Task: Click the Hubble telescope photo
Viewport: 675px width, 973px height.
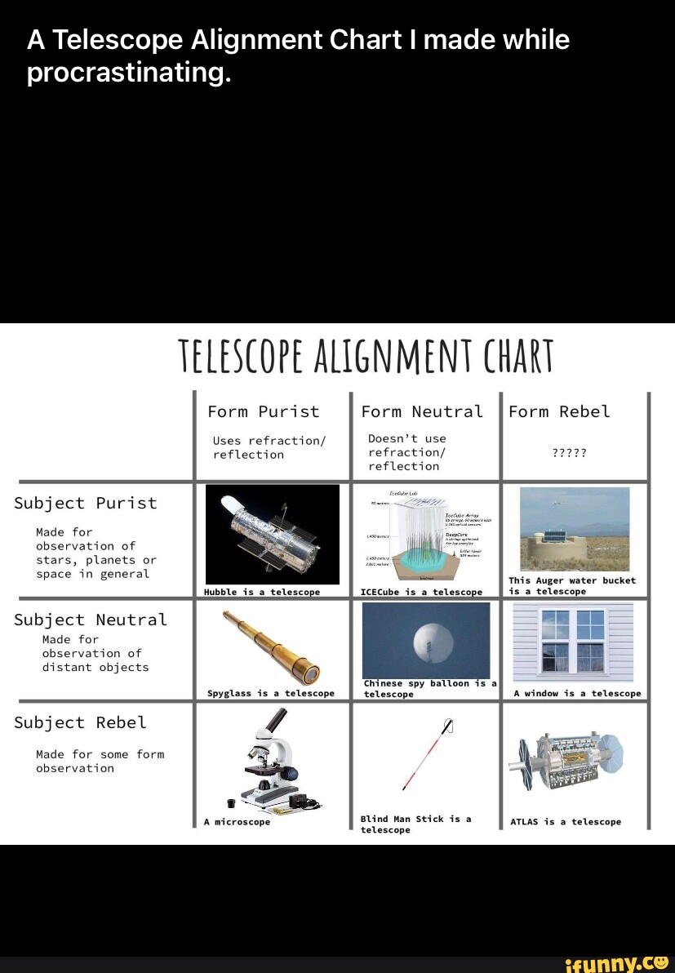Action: [x=272, y=533]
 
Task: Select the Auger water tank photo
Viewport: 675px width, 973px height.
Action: [x=575, y=530]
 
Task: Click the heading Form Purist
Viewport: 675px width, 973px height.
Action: [x=263, y=411]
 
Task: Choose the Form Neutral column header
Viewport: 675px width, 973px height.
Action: [x=422, y=411]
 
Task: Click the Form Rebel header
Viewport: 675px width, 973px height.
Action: [x=559, y=411]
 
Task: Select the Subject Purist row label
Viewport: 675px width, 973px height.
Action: [x=85, y=503]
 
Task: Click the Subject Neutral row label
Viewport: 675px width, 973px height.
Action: [x=90, y=620]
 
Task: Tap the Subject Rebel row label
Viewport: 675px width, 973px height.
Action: [x=80, y=722]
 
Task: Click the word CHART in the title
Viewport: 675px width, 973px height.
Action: [x=519, y=357]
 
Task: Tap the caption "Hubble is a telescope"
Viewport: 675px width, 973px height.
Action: [x=262, y=591]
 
